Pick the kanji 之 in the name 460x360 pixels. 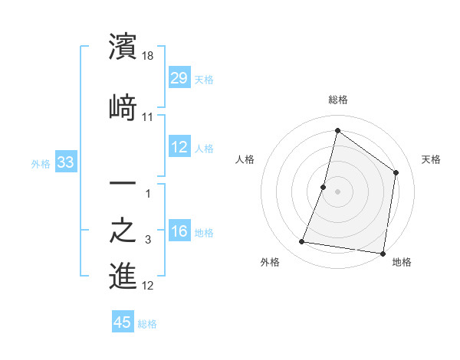123,231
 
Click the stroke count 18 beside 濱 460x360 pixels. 149,56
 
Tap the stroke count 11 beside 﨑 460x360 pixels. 149,116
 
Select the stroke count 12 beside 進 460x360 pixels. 149,286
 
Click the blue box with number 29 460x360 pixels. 179,77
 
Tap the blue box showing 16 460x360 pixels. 179,231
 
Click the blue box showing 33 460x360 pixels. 65,162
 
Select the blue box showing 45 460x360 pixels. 123,322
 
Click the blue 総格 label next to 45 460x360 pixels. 147,324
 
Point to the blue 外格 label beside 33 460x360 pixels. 41,163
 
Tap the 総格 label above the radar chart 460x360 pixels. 337,100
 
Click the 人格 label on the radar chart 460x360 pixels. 245,159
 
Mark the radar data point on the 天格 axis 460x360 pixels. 396,172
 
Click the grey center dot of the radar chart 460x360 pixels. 337,191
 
